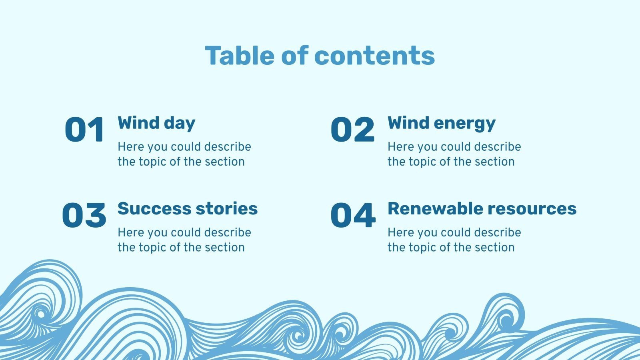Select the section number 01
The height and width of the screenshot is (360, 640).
point(84,130)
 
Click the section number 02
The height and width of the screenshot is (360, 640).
point(352,130)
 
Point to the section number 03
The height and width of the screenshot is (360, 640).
point(84,215)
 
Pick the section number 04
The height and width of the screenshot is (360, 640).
point(353,215)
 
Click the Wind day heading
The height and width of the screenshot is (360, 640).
point(156,123)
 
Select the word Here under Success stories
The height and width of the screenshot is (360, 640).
point(128,232)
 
